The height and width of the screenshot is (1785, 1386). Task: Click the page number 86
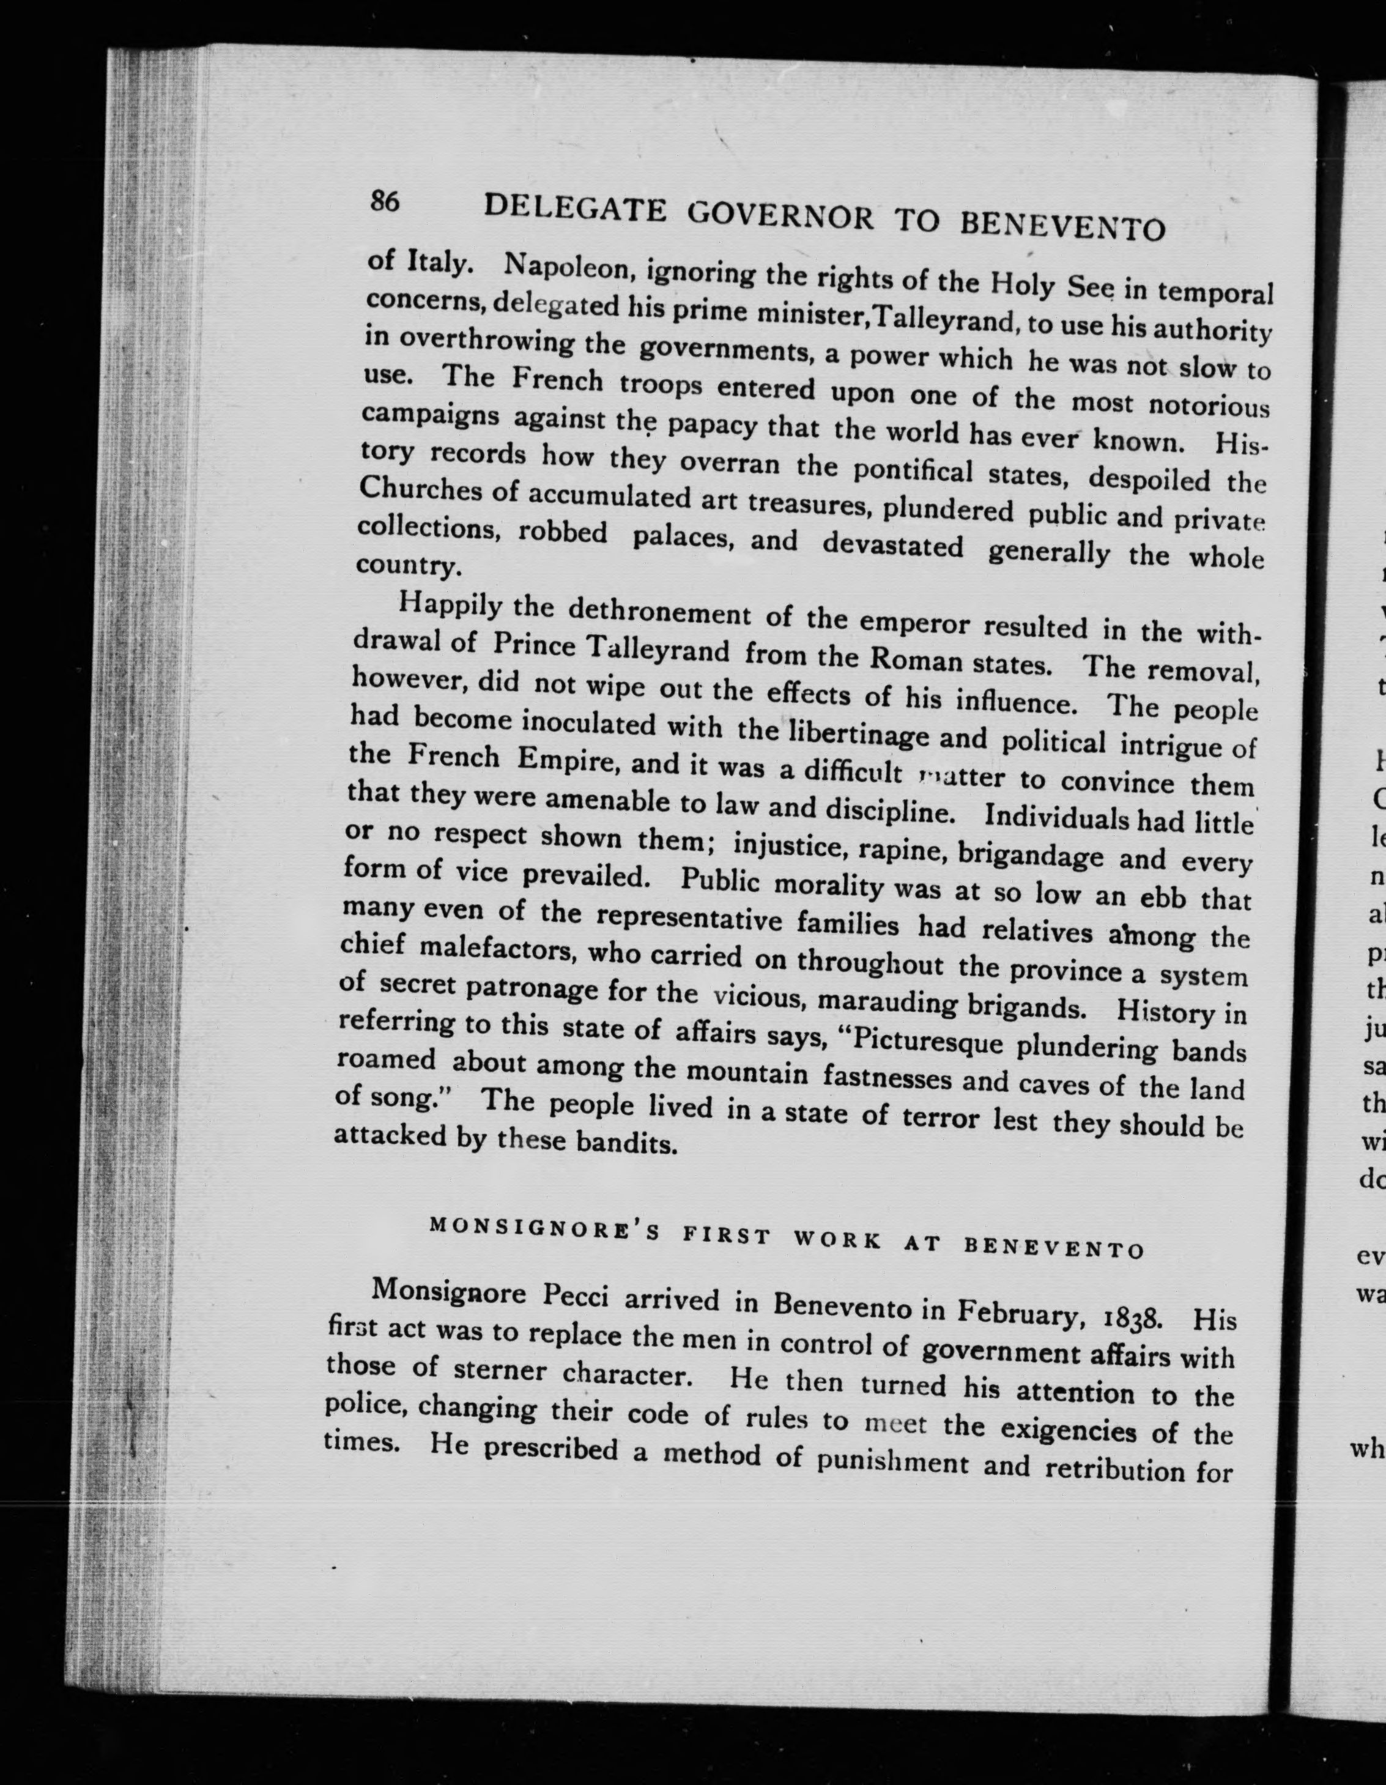(x=384, y=201)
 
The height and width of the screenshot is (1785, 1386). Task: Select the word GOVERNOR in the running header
(x=780, y=217)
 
